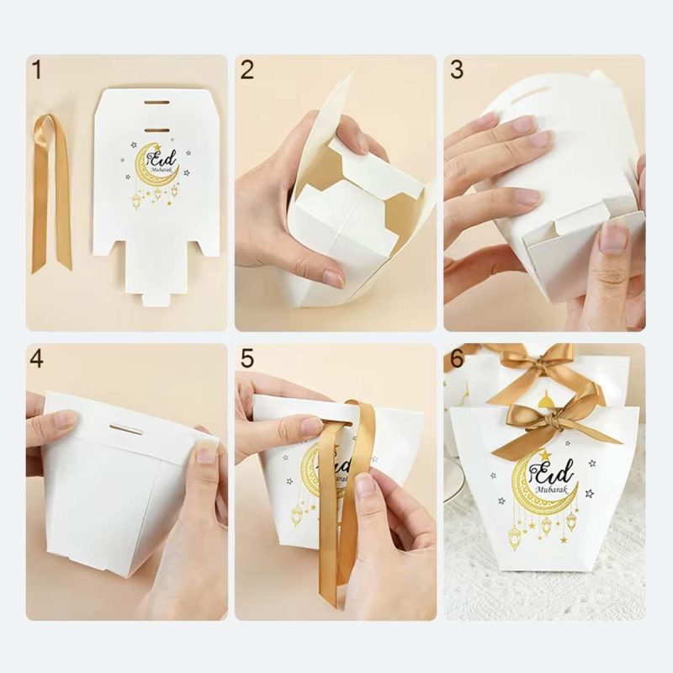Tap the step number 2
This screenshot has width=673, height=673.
246,72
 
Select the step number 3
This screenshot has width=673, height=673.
457,72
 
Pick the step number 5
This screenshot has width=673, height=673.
246,359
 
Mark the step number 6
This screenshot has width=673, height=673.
457,359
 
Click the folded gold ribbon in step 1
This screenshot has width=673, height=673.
50,193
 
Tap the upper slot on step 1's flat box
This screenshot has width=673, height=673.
156,102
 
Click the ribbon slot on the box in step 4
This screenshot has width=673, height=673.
126,430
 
